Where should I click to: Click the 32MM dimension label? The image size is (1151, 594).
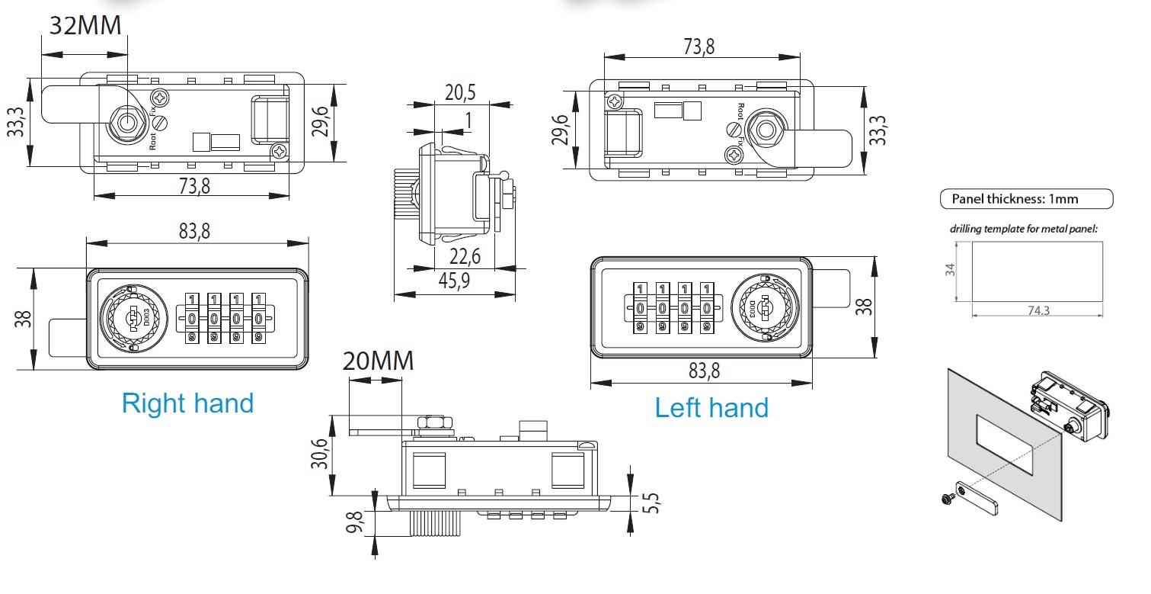pos(85,25)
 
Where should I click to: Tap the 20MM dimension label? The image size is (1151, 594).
pos(378,360)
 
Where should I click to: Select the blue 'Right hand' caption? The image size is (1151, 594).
pos(187,403)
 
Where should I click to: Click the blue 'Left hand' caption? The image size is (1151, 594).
pos(711,408)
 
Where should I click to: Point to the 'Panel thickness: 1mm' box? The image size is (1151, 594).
pos(1025,199)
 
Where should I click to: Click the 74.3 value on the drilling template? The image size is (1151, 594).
pos(1037,310)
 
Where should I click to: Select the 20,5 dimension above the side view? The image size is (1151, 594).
pos(459,93)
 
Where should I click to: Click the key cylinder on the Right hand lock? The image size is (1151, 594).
pos(133,318)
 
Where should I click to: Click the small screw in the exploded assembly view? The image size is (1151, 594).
pos(947,499)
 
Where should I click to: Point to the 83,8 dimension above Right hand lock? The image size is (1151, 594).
pos(194,231)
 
